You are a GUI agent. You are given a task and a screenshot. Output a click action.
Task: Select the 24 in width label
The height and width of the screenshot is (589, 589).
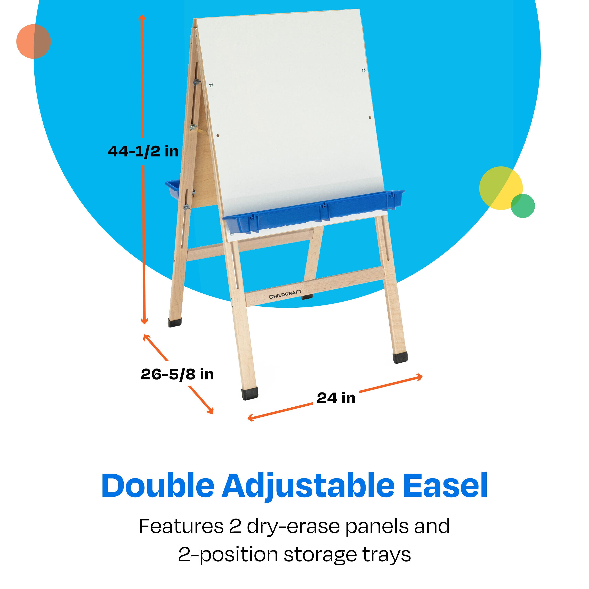click(336, 398)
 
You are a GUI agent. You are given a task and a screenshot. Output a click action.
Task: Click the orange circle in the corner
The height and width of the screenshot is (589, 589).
click(34, 41)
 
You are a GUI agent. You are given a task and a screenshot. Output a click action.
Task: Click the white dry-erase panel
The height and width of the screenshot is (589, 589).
click(290, 116)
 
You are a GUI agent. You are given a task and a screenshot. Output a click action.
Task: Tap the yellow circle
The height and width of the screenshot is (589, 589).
click(501, 188)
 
